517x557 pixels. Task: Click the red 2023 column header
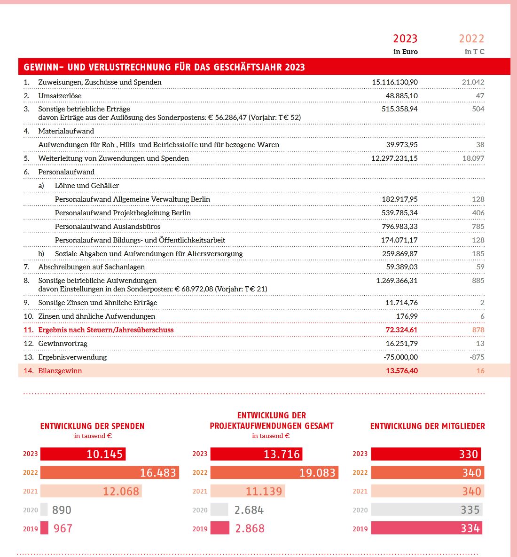(x=405, y=39)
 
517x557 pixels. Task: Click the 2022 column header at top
(x=471, y=39)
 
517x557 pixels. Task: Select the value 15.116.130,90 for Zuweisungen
(x=394, y=82)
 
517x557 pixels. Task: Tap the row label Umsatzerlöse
(x=60, y=96)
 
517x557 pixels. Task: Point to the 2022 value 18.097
(x=473, y=158)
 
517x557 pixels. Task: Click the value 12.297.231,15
(x=394, y=158)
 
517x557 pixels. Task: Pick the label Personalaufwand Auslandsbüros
(x=108, y=227)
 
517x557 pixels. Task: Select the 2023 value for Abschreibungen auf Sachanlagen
(x=402, y=267)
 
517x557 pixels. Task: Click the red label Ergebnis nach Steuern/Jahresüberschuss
(x=106, y=330)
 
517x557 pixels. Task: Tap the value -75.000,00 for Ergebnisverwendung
(x=400, y=357)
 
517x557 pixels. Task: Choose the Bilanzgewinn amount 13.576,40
(x=402, y=371)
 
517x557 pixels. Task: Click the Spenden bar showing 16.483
(x=110, y=472)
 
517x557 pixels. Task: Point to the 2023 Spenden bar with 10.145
(x=83, y=454)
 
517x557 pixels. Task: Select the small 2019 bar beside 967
(x=44, y=528)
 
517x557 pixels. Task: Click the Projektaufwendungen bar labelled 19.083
(x=274, y=472)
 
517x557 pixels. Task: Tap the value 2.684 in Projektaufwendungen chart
(x=249, y=510)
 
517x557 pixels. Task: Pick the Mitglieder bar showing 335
(x=426, y=510)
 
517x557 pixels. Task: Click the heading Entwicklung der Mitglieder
(x=427, y=426)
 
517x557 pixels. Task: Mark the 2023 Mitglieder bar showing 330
(x=426, y=454)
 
